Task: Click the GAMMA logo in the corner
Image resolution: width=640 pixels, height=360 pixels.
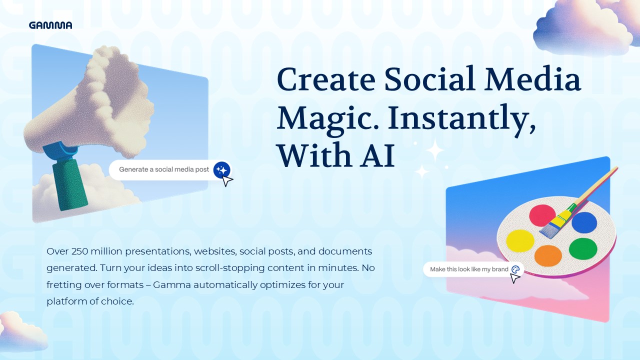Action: (x=50, y=25)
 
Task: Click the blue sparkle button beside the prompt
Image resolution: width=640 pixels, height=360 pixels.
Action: (x=220, y=169)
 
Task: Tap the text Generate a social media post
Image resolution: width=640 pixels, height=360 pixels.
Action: (x=164, y=169)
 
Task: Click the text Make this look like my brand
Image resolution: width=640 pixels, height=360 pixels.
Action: (x=468, y=269)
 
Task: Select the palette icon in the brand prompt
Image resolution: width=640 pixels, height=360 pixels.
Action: (x=515, y=269)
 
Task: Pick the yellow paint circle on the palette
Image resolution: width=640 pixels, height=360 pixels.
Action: (x=520, y=240)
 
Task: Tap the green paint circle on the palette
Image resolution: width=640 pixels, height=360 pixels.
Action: (x=583, y=248)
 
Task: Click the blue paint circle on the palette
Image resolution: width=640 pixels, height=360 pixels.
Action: (x=584, y=222)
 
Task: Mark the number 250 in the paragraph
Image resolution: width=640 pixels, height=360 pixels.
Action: (x=80, y=251)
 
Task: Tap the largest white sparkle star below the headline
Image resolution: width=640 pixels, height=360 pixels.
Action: (x=435, y=149)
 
